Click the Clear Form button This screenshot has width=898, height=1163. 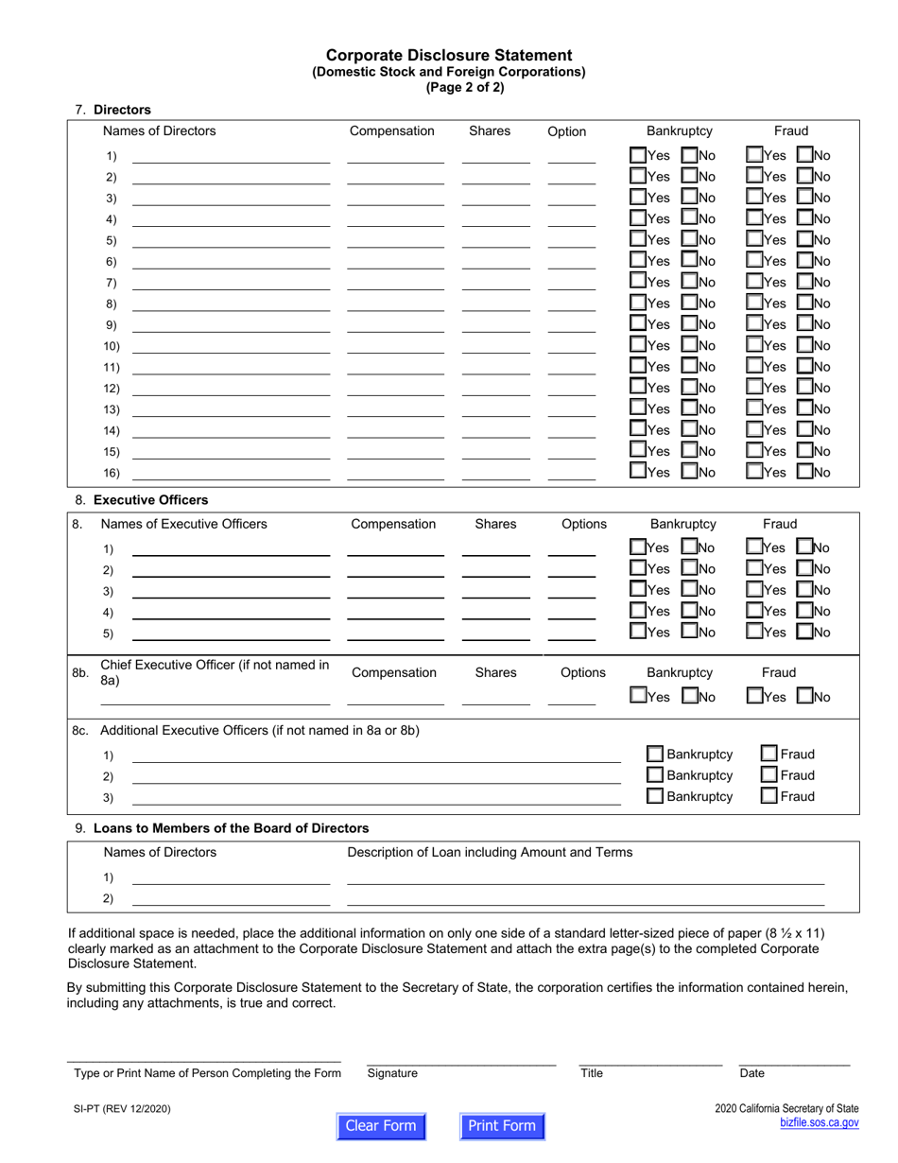(x=381, y=1125)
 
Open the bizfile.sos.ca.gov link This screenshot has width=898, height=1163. (x=819, y=1122)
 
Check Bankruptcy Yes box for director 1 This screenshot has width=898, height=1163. (x=639, y=155)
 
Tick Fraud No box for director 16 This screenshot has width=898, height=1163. (x=805, y=471)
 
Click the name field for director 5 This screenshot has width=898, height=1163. (x=231, y=239)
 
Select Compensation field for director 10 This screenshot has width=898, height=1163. (x=395, y=345)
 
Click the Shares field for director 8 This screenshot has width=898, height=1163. (x=496, y=303)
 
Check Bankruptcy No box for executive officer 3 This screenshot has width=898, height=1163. (x=690, y=590)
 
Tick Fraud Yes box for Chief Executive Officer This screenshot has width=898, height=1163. (x=754, y=697)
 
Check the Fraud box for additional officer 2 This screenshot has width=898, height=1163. (x=769, y=775)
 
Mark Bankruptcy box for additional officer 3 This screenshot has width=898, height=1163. (x=655, y=796)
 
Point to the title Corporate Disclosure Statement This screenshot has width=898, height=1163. (x=449, y=55)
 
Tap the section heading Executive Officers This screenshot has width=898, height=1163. (x=151, y=500)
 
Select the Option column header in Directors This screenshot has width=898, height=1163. (x=567, y=131)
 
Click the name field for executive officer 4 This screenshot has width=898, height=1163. (x=231, y=612)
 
